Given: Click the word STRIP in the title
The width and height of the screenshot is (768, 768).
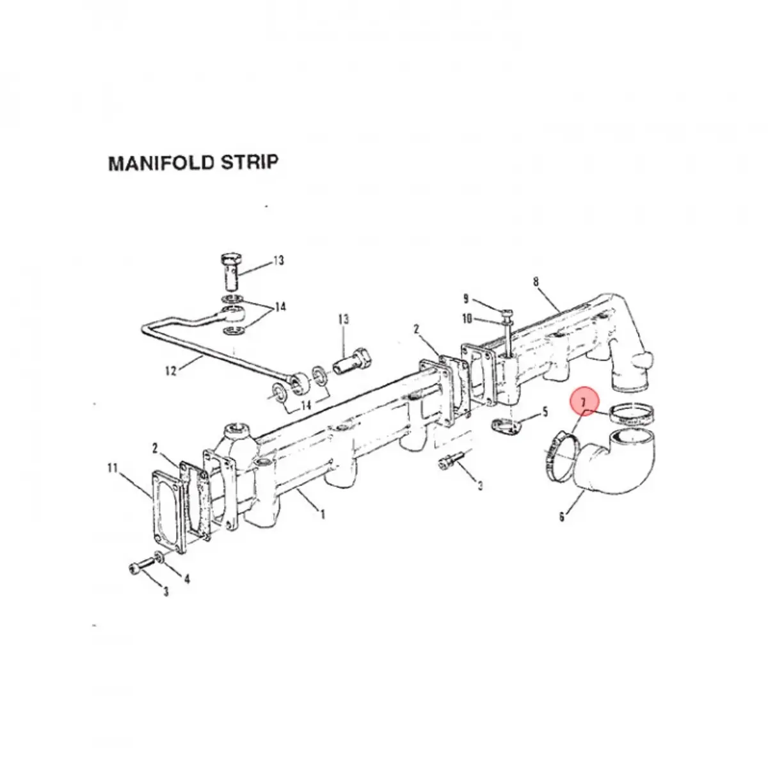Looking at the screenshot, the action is pos(249,163).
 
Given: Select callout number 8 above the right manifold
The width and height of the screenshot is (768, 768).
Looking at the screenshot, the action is pos(536,282).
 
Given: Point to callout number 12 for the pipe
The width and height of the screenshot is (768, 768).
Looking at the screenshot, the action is pos(171,371).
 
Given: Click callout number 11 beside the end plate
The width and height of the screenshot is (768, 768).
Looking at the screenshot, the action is pos(113,467).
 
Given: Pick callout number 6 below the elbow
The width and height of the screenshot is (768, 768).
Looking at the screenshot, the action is pos(562,517).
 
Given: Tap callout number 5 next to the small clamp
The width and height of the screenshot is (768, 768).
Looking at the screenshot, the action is pos(545,412).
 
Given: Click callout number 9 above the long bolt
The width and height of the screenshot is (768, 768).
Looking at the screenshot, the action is pos(466,299).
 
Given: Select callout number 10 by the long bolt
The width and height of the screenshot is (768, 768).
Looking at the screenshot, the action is pos(467,319).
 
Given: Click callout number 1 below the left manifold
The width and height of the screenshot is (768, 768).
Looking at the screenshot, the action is pos(323,515).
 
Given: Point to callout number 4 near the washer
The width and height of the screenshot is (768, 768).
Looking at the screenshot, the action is pos(186,579).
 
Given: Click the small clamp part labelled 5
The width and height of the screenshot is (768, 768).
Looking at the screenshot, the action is pos(506,428).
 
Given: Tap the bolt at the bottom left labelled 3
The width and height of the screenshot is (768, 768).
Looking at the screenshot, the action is pos(143,564).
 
